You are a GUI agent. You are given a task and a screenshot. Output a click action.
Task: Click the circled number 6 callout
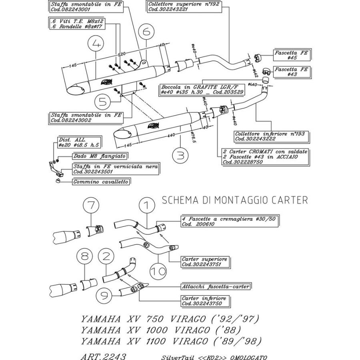[147, 30]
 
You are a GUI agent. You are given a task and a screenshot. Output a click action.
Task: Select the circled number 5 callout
[104, 102]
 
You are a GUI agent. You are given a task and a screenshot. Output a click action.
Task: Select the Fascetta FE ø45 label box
[292, 55]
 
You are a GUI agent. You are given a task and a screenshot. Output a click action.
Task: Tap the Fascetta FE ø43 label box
[292, 72]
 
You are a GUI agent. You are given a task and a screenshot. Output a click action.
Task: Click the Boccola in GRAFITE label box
[202, 89]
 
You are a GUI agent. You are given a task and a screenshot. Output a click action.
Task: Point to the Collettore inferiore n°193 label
[271, 136]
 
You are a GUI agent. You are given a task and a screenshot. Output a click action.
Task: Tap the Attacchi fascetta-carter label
[216, 286]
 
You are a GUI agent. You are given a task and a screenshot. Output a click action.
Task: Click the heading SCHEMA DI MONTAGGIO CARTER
[235, 200]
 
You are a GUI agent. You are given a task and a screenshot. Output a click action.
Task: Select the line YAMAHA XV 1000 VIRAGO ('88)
[161, 330]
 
